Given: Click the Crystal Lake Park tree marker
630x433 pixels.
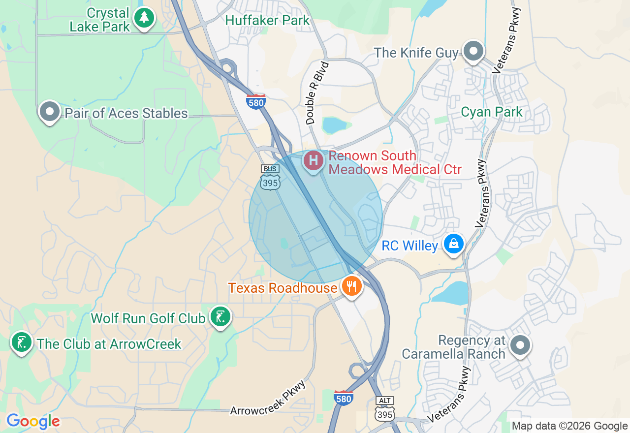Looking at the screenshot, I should tap(144, 18).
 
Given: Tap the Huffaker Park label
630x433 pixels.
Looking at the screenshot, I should tap(267, 20).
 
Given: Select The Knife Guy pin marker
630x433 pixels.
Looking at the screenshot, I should tap(473, 50).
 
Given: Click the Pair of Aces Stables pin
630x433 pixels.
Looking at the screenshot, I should tap(49, 111).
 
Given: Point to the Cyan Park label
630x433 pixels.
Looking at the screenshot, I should tap(491, 112).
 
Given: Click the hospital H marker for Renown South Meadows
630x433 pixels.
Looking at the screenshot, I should tap(313, 160).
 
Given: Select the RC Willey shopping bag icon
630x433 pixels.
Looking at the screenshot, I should tap(453, 243).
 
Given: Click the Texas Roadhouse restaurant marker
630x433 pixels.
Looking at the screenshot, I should tap(351, 286).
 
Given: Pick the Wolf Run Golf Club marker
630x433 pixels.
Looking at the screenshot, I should tap(220, 316).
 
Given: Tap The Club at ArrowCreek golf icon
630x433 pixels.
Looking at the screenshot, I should tap(21, 342).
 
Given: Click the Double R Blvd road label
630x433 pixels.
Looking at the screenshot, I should tap(316, 93).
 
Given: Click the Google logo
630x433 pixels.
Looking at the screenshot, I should tap(33, 421).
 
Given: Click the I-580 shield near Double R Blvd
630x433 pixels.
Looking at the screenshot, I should tap(256, 101).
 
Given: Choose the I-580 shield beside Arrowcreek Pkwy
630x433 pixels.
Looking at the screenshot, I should tap(343, 398).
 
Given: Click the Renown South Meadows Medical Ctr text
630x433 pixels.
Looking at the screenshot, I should tap(395, 163).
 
